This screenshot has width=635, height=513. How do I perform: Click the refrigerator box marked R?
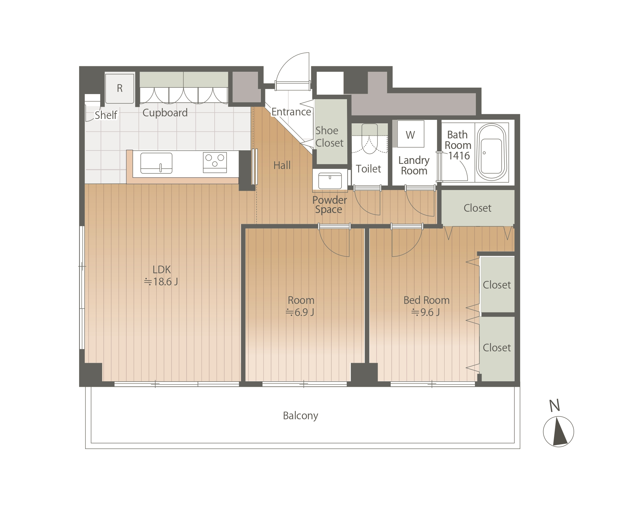pos(120,88)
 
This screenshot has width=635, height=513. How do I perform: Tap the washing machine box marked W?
pos(410,134)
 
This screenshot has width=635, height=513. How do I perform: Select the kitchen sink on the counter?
pos(156,163)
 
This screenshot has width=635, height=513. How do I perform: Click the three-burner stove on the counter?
pos(215,162)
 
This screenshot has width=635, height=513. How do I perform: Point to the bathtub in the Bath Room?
pos(491,152)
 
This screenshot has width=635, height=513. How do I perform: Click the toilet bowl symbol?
pos(370,139)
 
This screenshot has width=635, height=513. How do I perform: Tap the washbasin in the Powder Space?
pos(330,181)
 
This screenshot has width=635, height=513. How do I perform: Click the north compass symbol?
pos(558,431)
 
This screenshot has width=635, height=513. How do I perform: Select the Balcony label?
pos(300,416)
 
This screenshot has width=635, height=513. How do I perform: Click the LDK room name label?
pos(162,270)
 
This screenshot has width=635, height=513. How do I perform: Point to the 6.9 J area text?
pos(300,312)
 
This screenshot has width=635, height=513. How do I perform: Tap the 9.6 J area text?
pos(425,312)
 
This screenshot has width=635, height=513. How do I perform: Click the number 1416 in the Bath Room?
pos(459,156)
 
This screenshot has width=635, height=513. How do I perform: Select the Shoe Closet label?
pos(329,137)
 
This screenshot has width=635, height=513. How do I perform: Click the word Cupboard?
pos(165,113)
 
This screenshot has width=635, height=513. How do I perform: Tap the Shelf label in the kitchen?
pos(106,115)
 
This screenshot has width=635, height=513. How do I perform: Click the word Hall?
pos(282,165)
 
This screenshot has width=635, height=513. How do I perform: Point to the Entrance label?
pos(291,112)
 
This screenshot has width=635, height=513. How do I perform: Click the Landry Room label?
pos(414,165)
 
